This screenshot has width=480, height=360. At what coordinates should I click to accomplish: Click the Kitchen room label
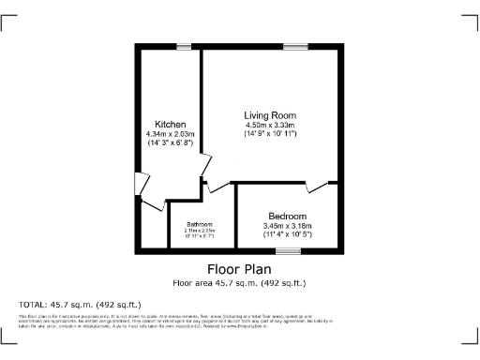tap(171, 125)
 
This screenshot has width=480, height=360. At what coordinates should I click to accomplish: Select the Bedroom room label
tap(287, 215)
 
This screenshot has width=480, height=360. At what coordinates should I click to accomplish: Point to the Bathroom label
tap(199, 224)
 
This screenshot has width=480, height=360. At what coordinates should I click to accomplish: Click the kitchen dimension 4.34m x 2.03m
tap(170, 135)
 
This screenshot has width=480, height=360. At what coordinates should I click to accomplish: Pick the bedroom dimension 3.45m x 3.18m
tap(287, 225)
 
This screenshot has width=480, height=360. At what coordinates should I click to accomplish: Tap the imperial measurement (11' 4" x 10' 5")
tap(287, 234)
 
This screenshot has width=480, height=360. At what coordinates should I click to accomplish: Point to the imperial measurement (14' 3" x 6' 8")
tap(170, 144)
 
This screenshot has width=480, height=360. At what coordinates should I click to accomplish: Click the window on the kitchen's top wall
tap(182, 47)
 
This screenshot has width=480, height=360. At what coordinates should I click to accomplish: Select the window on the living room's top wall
tap(296, 47)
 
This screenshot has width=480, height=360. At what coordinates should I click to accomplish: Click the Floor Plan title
tap(239, 268)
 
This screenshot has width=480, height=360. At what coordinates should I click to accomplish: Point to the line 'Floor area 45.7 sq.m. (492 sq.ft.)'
tap(239, 282)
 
